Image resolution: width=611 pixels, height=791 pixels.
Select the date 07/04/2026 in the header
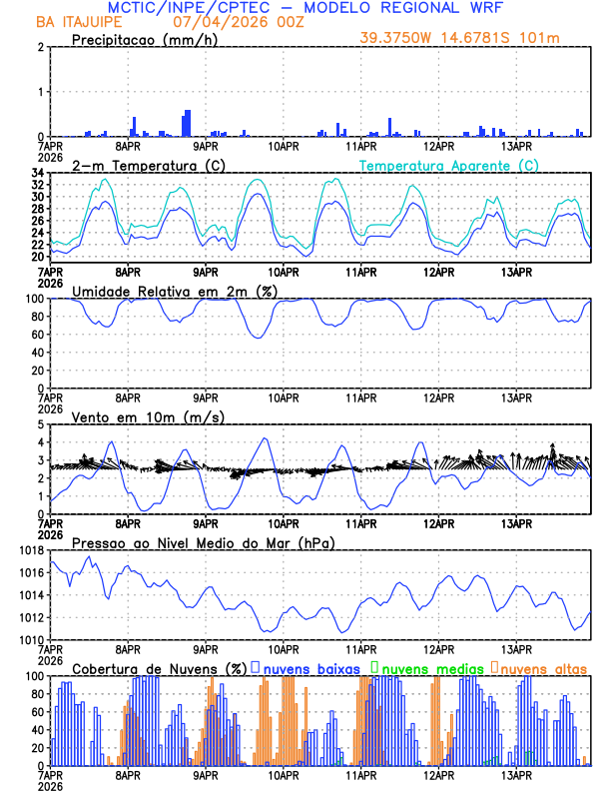[x=211, y=21]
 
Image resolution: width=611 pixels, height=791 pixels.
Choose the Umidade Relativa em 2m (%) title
[x=174, y=291]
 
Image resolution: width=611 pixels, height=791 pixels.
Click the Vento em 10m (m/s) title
[x=148, y=415]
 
